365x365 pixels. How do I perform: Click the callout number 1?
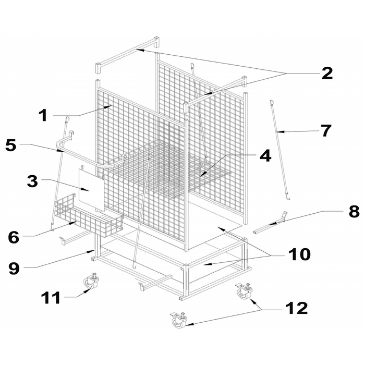pos(43,115)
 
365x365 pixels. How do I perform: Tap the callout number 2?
pos(327,74)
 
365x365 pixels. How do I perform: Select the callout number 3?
pos(32,181)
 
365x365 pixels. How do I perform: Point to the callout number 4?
pos(265,156)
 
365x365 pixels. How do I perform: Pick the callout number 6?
pos(14,237)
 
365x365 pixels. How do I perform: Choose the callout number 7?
pos(326,130)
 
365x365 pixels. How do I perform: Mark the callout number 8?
pos(354,212)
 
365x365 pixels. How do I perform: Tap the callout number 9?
pos(14,269)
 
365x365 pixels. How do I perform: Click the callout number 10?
pos(299,254)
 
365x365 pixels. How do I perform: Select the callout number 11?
pos(51,298)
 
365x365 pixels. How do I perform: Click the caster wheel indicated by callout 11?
pos(90,282)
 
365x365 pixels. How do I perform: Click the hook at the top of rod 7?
pos(271,102)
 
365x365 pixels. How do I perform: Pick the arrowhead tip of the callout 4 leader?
pos(200,176)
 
